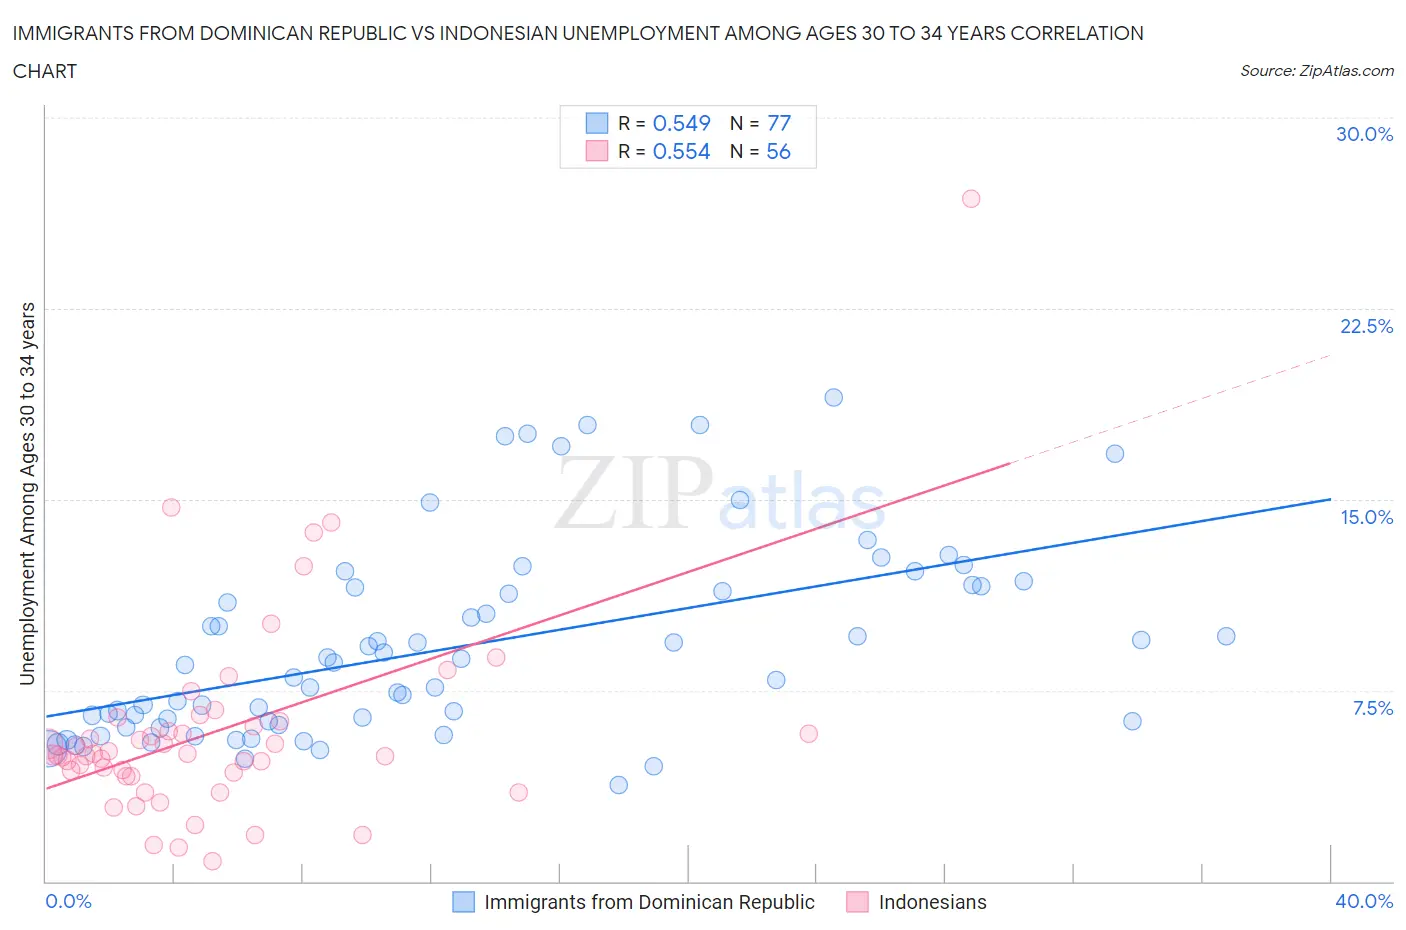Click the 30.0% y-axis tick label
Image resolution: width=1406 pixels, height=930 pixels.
click(1364, 134)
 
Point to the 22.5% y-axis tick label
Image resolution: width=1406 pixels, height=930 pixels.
click(1366, 326)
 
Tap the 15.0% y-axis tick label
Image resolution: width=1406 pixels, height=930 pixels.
click(1366, 517)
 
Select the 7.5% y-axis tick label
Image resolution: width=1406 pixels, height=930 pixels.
click(1372, 708)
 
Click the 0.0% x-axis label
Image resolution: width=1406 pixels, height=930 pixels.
click(68, 901)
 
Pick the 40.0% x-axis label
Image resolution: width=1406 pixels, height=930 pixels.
click(1364, 901)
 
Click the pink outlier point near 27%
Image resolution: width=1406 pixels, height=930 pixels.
click(970, 198)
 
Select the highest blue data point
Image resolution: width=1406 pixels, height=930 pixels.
click(833, 397)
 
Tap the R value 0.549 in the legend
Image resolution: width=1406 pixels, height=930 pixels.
click(681, 123)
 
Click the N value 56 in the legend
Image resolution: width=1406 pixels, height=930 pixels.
click(778, 151)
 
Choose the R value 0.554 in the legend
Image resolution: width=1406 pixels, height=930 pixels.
click(681, 151)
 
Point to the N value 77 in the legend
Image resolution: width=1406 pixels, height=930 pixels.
click(778, 123)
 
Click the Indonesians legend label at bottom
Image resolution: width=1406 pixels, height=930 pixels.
click(932, 902)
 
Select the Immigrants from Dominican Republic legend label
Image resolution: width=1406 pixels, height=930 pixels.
click(649, 902)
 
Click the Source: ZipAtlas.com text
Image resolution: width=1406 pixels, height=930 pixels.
click(1316, 70)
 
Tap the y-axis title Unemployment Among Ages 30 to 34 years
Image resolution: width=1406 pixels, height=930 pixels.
click(27, 494)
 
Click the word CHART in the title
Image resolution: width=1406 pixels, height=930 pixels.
click(45, 71)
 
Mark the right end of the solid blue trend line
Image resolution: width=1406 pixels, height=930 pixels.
click(1330, 498)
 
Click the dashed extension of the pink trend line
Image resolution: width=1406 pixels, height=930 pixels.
click(1170, 409)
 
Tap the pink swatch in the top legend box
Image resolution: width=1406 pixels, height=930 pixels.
click(596, 151)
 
